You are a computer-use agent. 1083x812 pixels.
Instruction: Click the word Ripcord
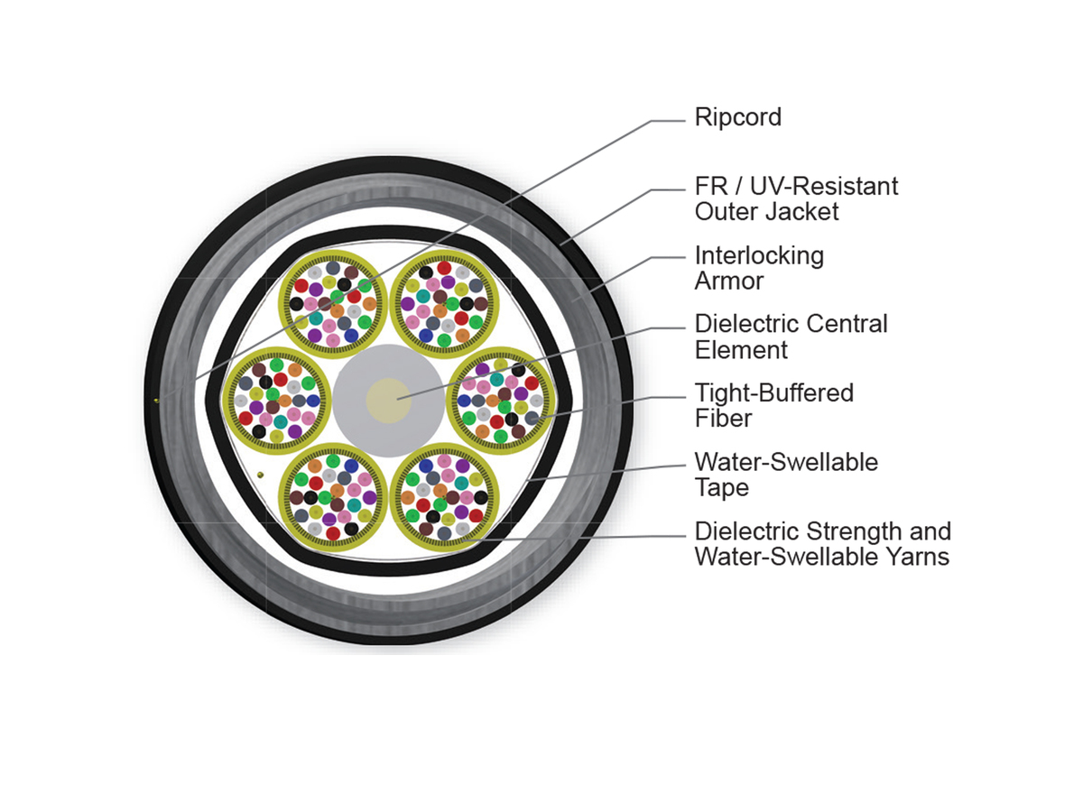(x=737, y=118)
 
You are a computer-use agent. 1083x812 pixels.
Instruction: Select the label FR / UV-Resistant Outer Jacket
(x=796, y=198)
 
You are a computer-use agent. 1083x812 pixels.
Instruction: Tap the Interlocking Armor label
(x=759, y=268)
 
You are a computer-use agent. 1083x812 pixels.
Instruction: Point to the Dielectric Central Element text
(x=791, y=337)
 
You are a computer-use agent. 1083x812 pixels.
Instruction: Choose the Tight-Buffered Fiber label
(x=773, y=406)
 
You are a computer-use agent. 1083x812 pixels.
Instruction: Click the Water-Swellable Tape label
(x=786, y=475)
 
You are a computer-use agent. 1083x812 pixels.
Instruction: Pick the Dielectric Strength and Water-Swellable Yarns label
(x=822, y=544)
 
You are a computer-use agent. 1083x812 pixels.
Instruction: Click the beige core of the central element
(x=388, y=401)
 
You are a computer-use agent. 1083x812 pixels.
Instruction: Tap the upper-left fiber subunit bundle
(x=332, y=304)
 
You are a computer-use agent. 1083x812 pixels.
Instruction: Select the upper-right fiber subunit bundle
(x=444, y=304)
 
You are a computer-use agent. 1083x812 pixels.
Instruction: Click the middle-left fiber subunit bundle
(x=276, y=401)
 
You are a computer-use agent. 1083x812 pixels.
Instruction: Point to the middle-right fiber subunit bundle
(x=500, y=401)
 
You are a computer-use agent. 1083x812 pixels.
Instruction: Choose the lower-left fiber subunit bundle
(x=332, y=497)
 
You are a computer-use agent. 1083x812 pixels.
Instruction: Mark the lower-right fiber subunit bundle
(x=444, y=497)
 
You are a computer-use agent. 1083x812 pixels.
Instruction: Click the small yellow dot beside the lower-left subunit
(x=261, y=475)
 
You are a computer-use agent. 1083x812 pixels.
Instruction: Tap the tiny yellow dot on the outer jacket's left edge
(x=156, y=401)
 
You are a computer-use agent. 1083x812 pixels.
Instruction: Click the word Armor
(x=728, y=281)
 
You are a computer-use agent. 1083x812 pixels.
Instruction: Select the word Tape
(x=722, y=487)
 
